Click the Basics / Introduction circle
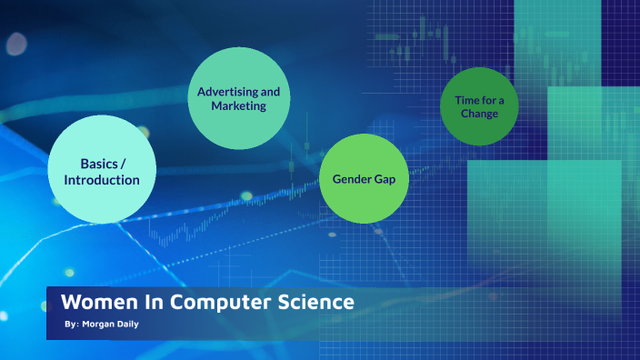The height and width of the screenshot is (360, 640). coord(101,171)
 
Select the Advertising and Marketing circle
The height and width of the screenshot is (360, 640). coord(238,98)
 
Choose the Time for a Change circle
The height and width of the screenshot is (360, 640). coord(479,106)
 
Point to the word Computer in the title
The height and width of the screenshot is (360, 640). coord(211,302)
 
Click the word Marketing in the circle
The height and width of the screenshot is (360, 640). coord(238,106)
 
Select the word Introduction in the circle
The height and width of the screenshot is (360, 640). coord(101,180)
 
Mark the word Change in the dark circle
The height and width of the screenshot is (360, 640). coord(479,114)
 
